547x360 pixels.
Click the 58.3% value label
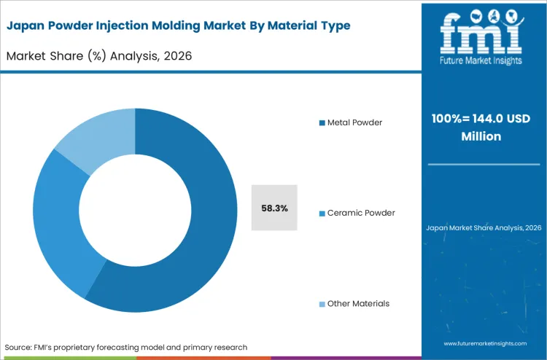274,208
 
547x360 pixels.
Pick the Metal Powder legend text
354,122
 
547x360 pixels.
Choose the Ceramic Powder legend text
361,213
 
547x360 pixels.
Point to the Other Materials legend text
358,303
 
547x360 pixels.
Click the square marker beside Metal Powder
322,122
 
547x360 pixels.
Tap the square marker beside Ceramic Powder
322,214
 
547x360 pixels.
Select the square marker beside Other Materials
322,304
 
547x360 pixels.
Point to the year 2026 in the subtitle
176,55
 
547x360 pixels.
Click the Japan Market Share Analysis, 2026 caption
484,228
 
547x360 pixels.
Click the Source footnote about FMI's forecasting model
126,347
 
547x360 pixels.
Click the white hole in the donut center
135,210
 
